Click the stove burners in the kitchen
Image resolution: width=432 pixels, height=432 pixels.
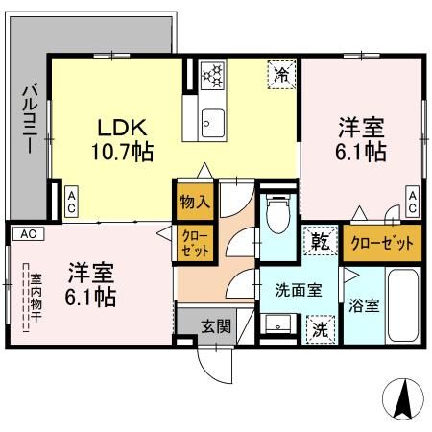[x=212, y=74]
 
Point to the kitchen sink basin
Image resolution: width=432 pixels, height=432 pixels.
[x=212, y=122]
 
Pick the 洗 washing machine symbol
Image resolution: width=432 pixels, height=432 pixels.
[x=320, y=327]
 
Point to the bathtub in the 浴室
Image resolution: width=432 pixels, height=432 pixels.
[x=402, y=307]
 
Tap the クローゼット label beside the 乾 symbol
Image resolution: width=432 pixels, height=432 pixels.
[x=382, y=243]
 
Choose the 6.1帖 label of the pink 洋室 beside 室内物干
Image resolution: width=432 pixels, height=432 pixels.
[x=91, y=297]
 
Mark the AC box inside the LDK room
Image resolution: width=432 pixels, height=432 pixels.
[x=72, y=201]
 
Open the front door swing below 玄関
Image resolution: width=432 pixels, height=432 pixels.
[x=213, y=363]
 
